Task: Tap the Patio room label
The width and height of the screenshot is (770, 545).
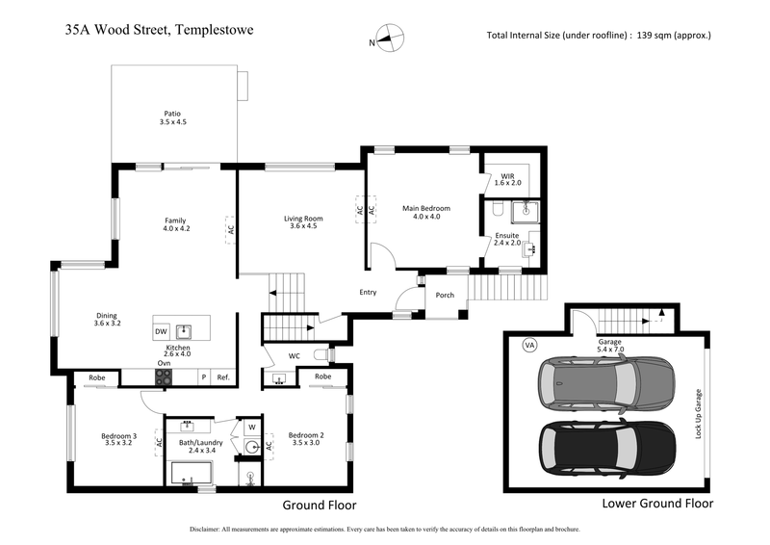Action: point(172,117)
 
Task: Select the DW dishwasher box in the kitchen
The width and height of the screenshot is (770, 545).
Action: point(161,332)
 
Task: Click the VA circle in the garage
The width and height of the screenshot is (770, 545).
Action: point(528,344)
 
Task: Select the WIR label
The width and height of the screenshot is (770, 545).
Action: point(507,177)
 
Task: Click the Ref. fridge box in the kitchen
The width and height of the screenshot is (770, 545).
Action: point(222,377)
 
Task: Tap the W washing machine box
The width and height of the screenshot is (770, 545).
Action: point(251,427)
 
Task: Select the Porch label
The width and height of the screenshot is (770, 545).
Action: point(445,296)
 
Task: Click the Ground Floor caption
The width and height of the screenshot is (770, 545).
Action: point(319,505)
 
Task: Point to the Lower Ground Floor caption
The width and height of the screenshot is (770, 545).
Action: point(657,504)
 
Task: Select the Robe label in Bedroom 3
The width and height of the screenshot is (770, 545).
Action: point(96,376)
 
